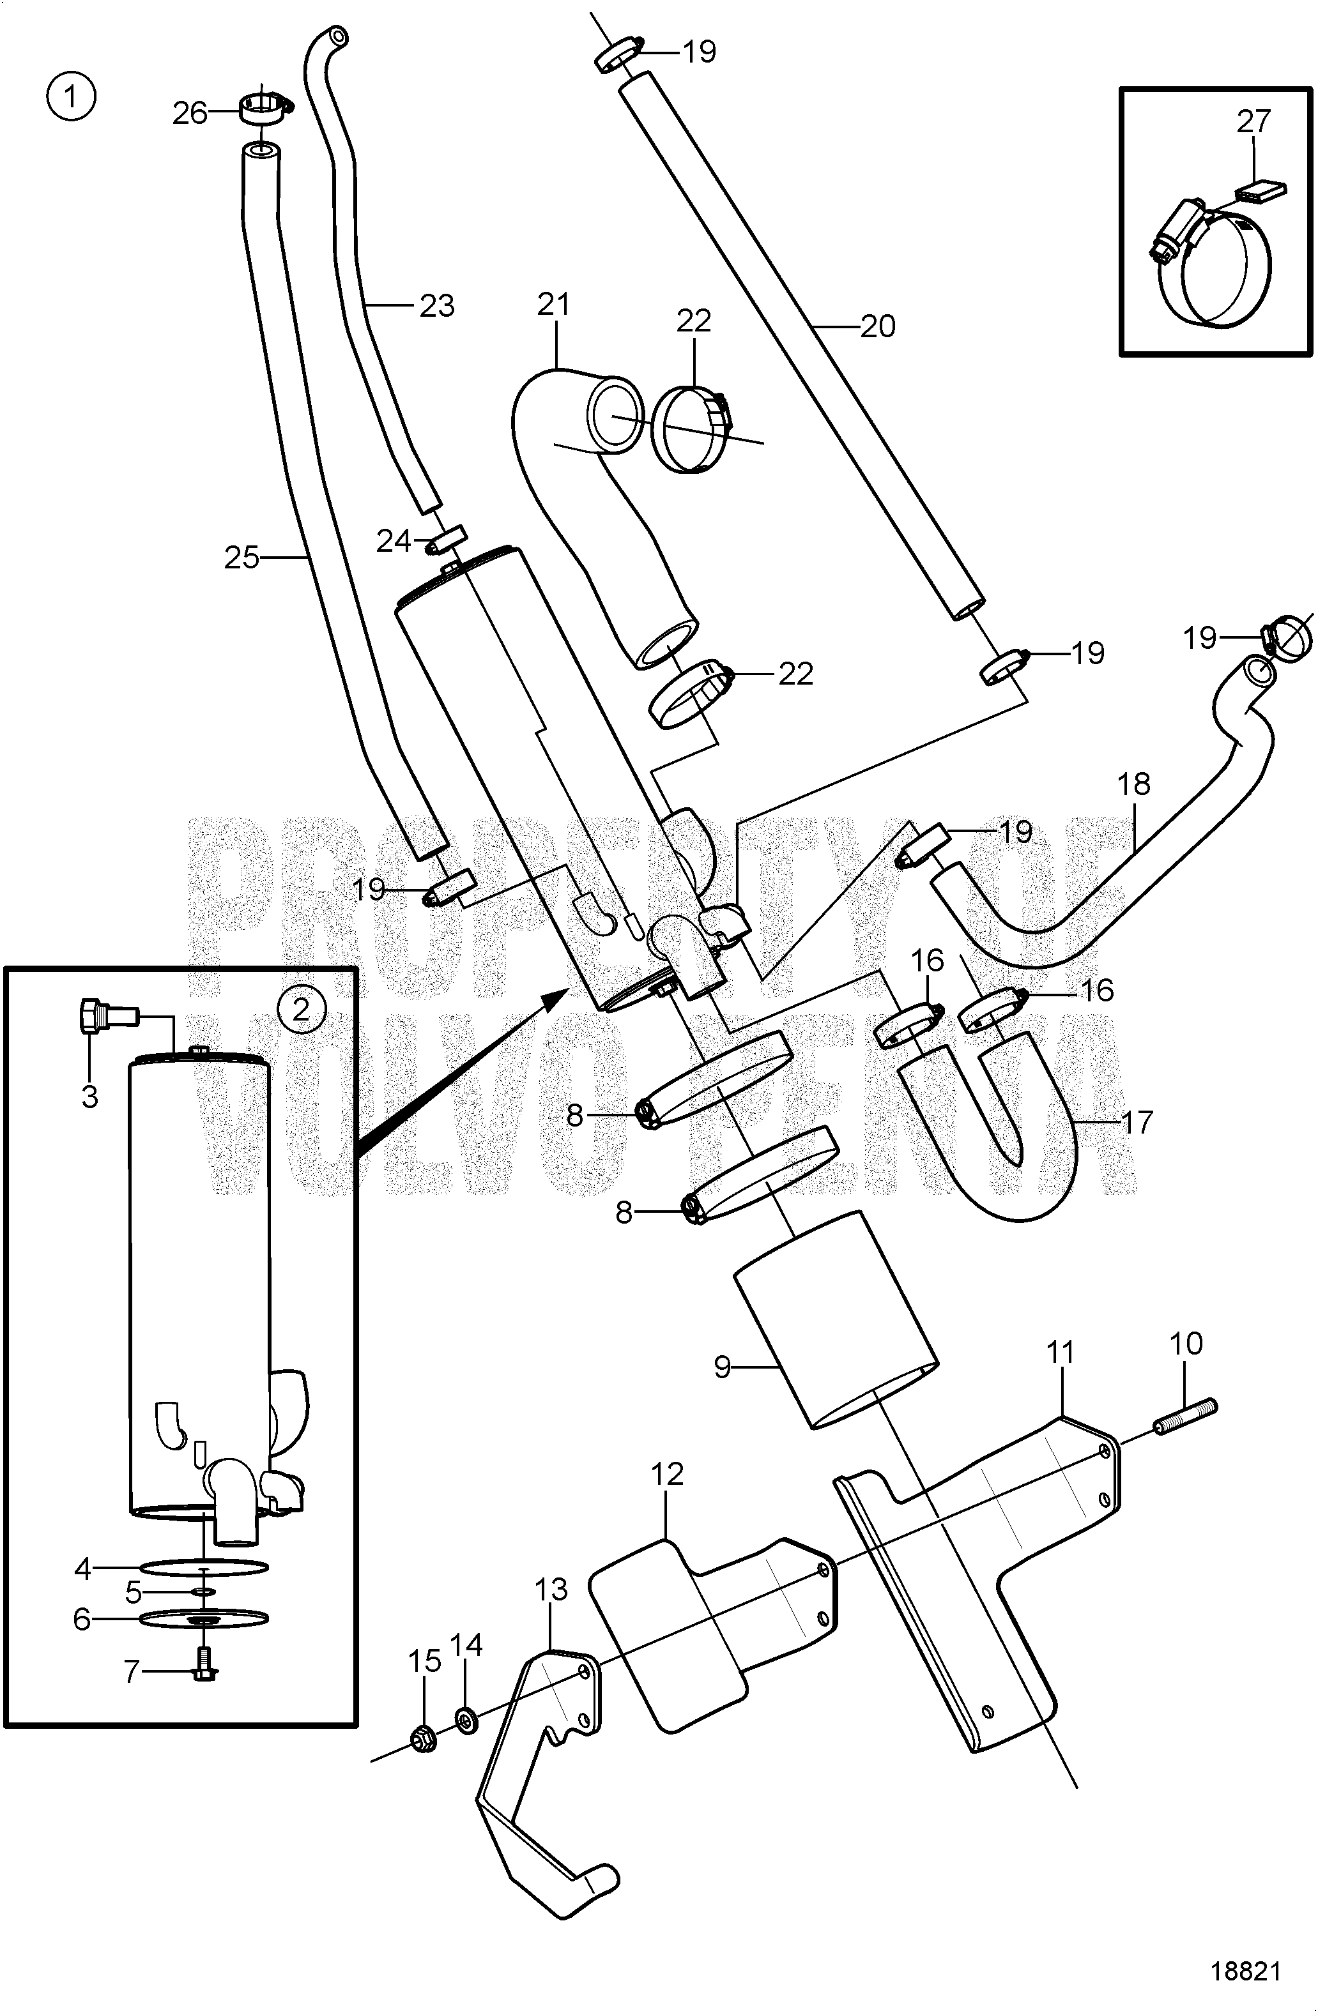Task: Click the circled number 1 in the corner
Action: [71, 96]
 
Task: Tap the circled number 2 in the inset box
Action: [300, 1008]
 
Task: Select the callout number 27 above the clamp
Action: [1253, 122]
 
